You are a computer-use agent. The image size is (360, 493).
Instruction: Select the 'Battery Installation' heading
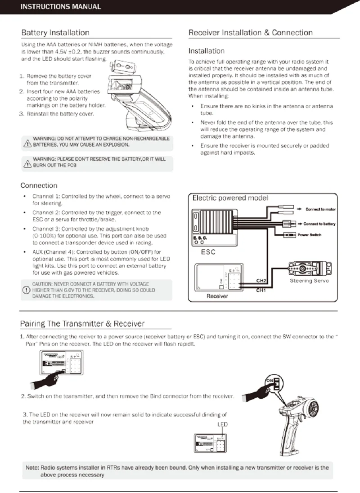pos(55,33)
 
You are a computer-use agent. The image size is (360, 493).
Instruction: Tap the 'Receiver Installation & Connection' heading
pos(250,33)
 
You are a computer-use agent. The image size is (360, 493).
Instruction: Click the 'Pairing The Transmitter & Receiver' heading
pos(83,324)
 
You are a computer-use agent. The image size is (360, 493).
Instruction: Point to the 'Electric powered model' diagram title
pos(230,198)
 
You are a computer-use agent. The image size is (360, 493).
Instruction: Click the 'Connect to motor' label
pos(320,209)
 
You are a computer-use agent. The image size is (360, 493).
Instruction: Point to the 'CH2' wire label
pos(261,281)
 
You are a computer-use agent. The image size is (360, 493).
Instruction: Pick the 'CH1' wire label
pos(261,290)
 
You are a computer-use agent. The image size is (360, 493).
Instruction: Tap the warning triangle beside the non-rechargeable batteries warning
pos(27,143)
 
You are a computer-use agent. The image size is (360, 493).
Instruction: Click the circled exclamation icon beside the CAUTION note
pos(26,290)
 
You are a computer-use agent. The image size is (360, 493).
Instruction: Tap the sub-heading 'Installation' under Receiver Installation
pos(206,51)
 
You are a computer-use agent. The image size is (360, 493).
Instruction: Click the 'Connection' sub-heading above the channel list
pos(39,185)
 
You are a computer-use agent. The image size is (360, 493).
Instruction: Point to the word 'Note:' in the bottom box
pos(32,467)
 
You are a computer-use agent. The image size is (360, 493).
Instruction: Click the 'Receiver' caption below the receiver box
pos(217,296)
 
